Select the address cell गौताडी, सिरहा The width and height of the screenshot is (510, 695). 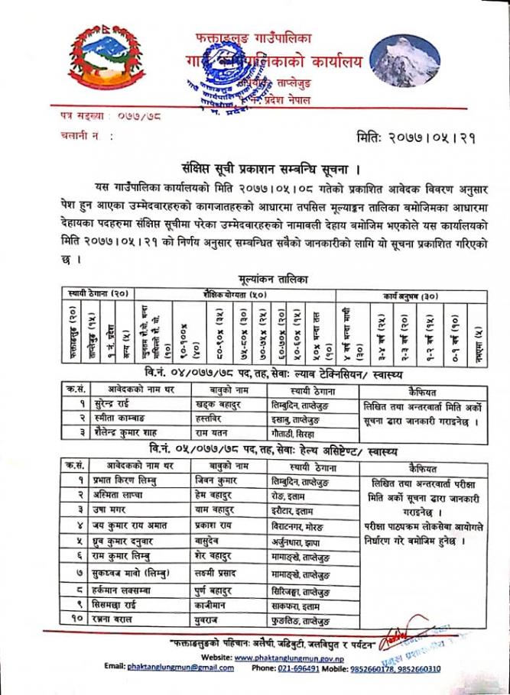(297, 432)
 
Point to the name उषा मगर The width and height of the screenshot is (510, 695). (109, 508)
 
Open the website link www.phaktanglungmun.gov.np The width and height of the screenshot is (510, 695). (291, 656)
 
